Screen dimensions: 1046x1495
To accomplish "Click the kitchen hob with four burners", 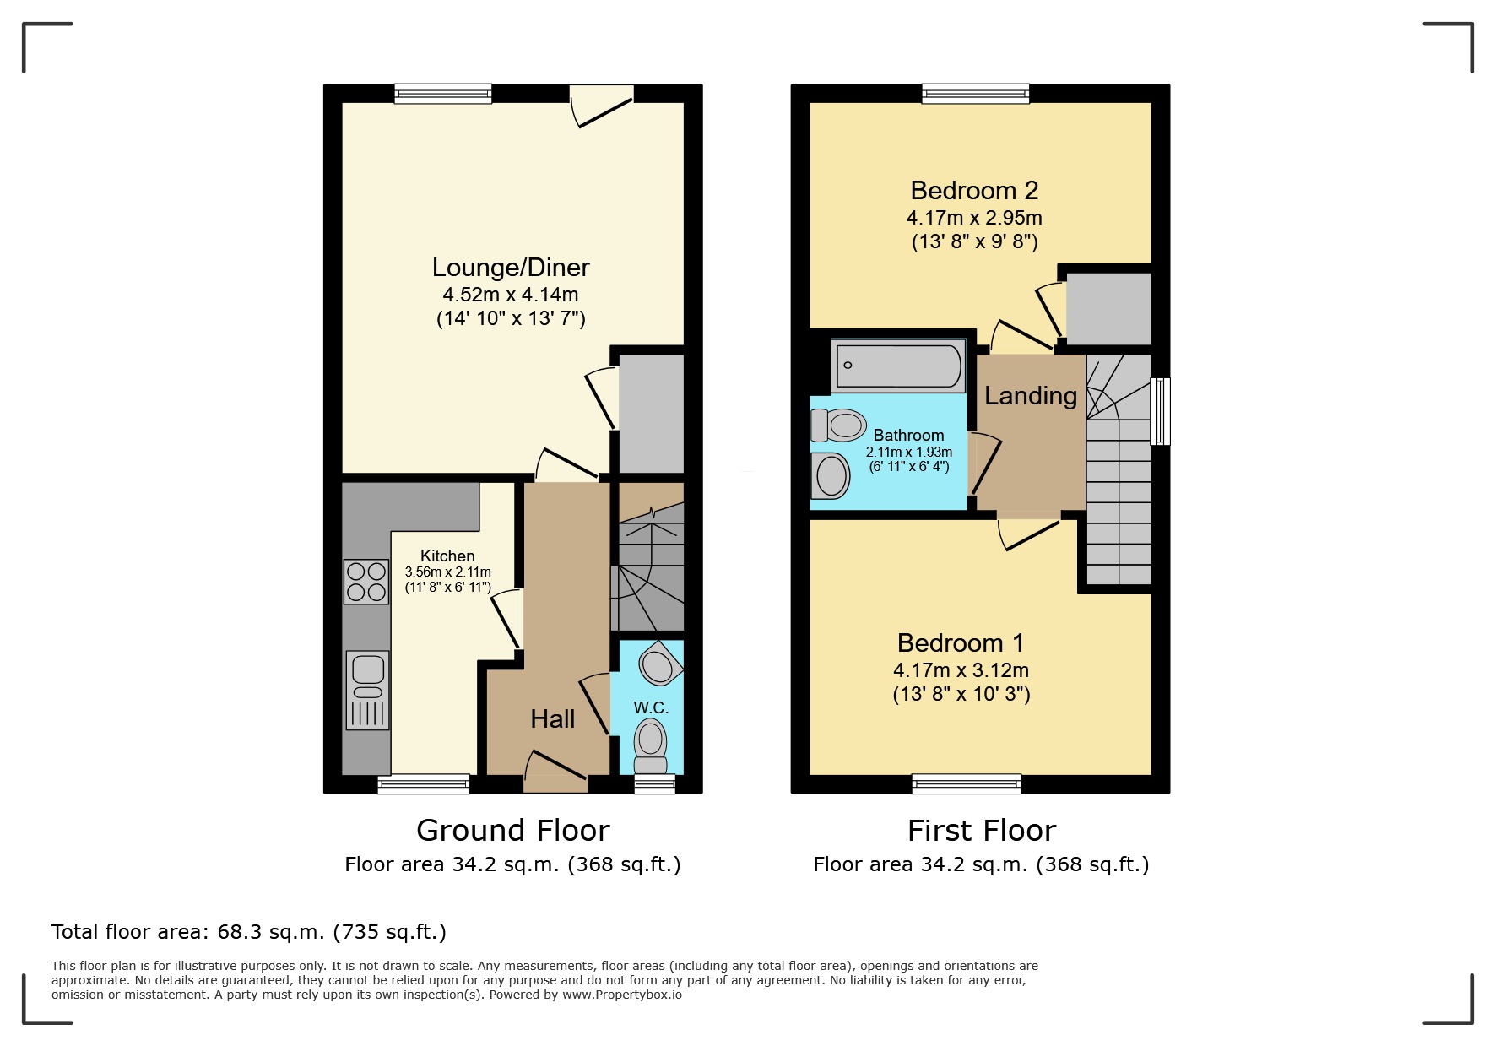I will tap(366, 583).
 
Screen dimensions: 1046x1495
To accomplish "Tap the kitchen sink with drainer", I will tap(368, 690).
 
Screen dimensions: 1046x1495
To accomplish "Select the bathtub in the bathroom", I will tap(898, 366).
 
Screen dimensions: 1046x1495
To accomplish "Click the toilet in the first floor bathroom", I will tap(839, 425).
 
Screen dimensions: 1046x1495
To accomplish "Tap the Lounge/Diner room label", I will tap(510, 268).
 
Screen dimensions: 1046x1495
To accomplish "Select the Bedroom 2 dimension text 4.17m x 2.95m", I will tap(974, 218).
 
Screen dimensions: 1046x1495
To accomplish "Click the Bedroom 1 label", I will tap(961, 643).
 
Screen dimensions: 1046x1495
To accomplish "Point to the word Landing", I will tap(1030, 396).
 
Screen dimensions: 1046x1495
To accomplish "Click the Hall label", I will tap(552, 719).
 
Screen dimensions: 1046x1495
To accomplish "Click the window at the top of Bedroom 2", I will tap(975, 94).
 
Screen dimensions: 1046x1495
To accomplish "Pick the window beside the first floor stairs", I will tap(1161, 411).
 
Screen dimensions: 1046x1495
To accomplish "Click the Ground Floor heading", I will tap(512, 831).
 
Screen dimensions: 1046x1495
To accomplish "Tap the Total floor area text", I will tap(248, 932).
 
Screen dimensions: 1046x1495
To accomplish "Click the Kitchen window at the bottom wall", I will tap(423, 784).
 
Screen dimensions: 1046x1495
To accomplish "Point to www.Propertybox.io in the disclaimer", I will tap(622, 995).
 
